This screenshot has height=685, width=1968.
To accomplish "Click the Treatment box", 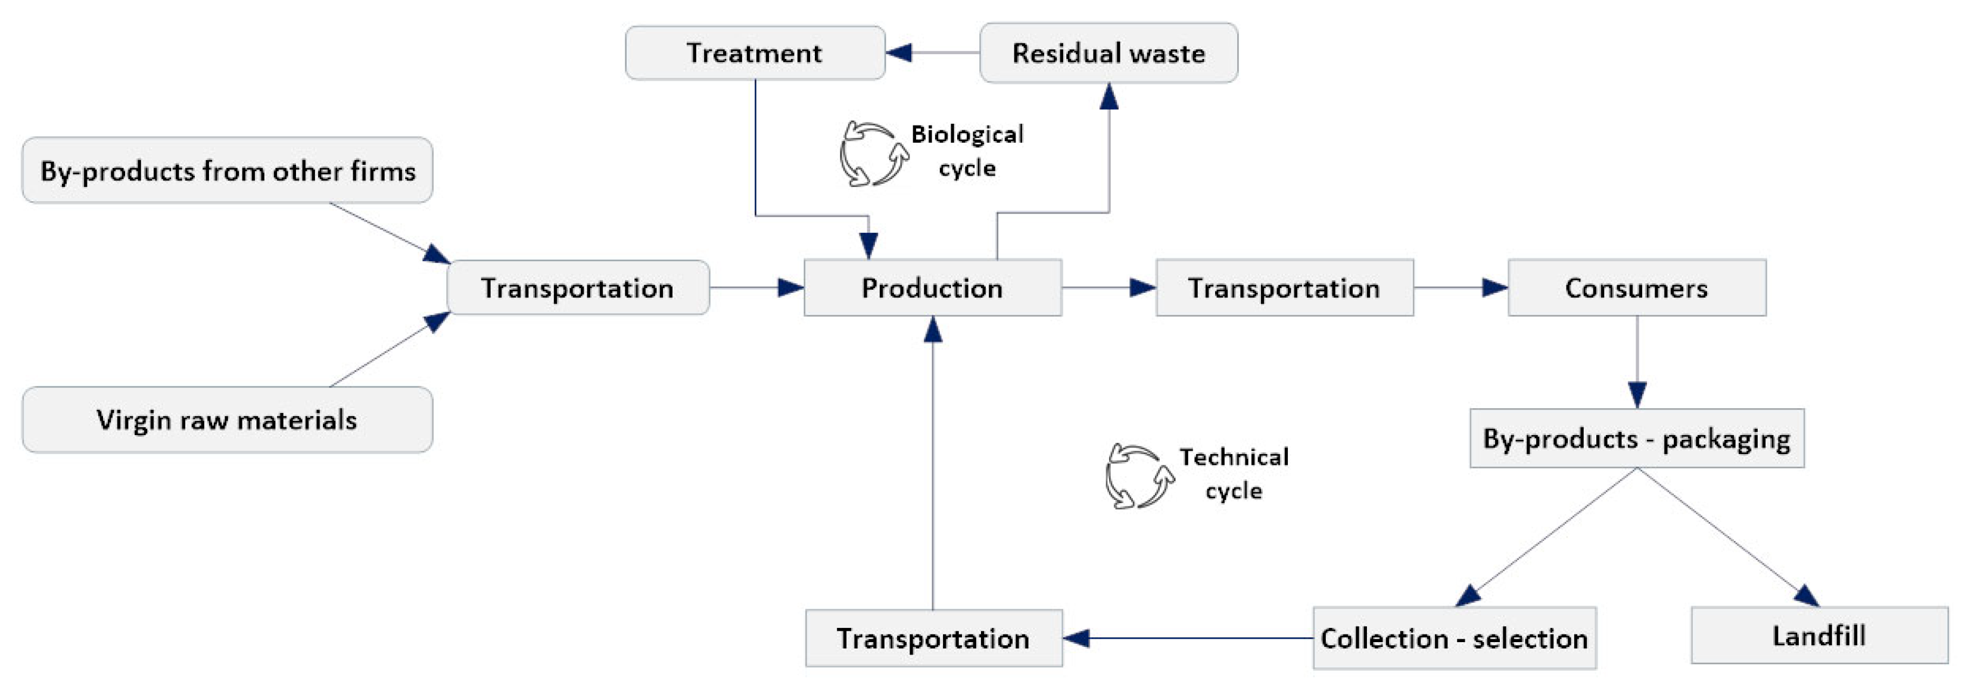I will (x=755, y=53).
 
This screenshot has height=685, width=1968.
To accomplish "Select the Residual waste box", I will (x=1108, y=53).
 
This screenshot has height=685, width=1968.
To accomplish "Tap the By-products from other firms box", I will (x=227, y=170).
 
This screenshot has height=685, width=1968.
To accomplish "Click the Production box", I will (x=932, y=288).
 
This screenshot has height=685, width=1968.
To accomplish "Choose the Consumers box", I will (x=1636, y=288).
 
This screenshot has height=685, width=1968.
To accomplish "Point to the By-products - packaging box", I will (x=1636, y=439).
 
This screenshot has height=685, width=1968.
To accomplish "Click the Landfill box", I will (x=1819, y=636).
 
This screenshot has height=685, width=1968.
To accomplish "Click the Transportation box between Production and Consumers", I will (x=1284, y=288).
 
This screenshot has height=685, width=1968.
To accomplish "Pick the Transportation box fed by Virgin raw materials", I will (x=578, y=288).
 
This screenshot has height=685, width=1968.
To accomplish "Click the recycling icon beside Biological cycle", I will (x=873, y=154).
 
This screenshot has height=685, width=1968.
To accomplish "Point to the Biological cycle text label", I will (x=967, y=151).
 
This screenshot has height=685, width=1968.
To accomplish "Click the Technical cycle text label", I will (x=1234, y=474).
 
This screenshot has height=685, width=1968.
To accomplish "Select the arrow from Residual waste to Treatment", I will (x=932, y=53).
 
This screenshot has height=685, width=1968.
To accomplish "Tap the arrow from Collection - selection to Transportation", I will (x=1188, y=637).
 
